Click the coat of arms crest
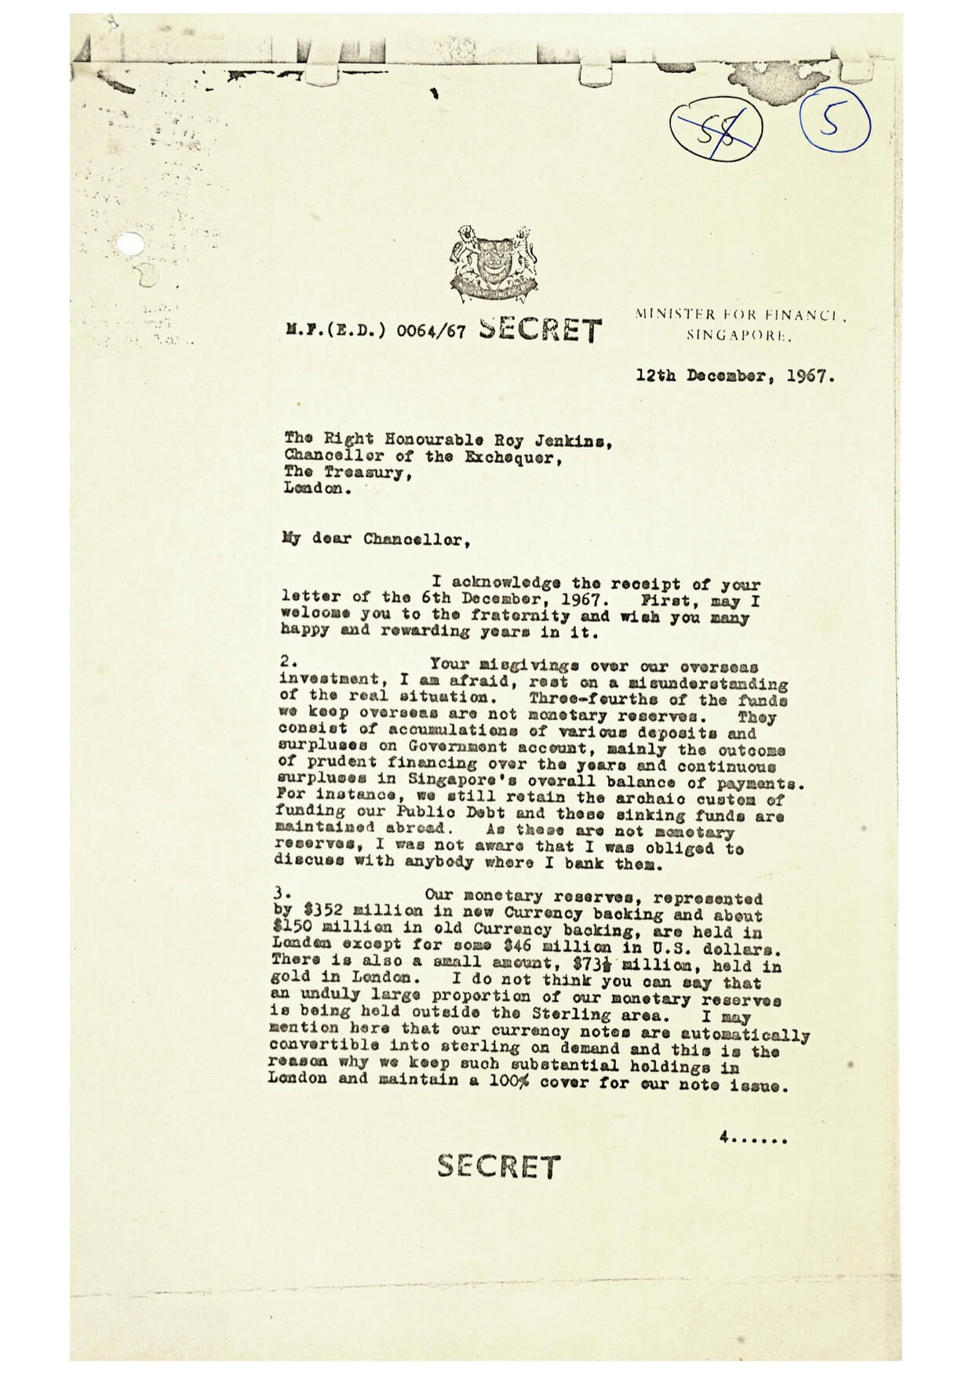pyautogui.click(x=494, y=264)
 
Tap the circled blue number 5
pyautogui.click(x=834, y=125)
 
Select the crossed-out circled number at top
pyautogui.click(x=716, y=127)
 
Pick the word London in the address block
pyautogui.click(x=314, y=488)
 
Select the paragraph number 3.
pyautogui.click(x=282, y=893)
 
